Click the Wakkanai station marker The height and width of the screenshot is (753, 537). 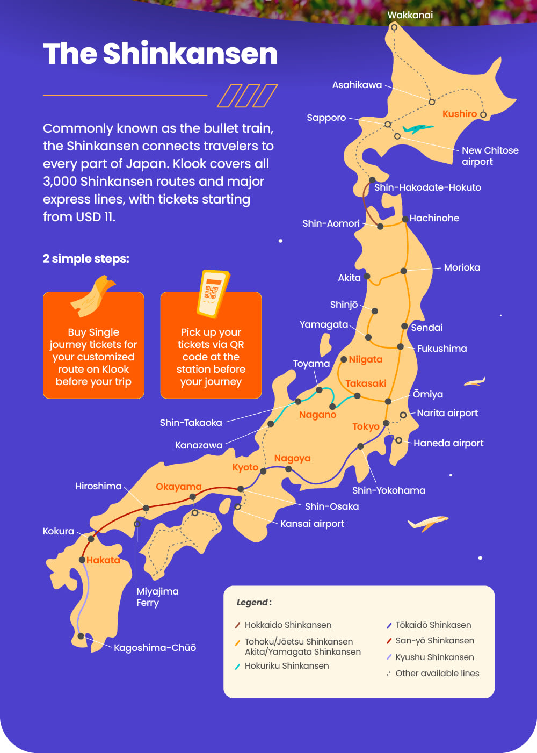click(x=394, y=27)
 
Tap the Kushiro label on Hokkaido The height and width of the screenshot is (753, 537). click(x=459, y=114)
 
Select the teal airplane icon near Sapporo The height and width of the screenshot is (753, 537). click(x=417, y=129)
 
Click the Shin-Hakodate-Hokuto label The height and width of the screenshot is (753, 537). click(x=427, y=187)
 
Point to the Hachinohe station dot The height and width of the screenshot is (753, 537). click(x=405, y=219)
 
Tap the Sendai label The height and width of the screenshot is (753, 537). click(x=427, y=328)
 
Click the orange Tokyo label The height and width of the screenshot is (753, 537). click(x=366, y=426)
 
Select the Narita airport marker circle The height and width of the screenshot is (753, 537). click(x=403, y=415)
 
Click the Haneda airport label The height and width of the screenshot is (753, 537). click(x=448, y=443)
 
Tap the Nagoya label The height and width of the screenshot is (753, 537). click(x=292, y=458)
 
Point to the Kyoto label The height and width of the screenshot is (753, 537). click(x=245, y=467)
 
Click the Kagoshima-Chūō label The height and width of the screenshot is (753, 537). click(x=155, y=648)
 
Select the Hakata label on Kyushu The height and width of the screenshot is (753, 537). click(x=103, y=560)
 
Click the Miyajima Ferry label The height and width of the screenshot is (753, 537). click(x=157, y=597)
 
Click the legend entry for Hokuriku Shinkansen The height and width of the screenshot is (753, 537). click(x=286, y=666)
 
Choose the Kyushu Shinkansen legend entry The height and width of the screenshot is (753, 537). click(x=434, y=657)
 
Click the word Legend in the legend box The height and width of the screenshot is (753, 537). click(x=253, y=603)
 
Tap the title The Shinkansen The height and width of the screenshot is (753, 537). click(x=160, y=54)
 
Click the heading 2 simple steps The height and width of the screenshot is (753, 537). click(x=86, y=258)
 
